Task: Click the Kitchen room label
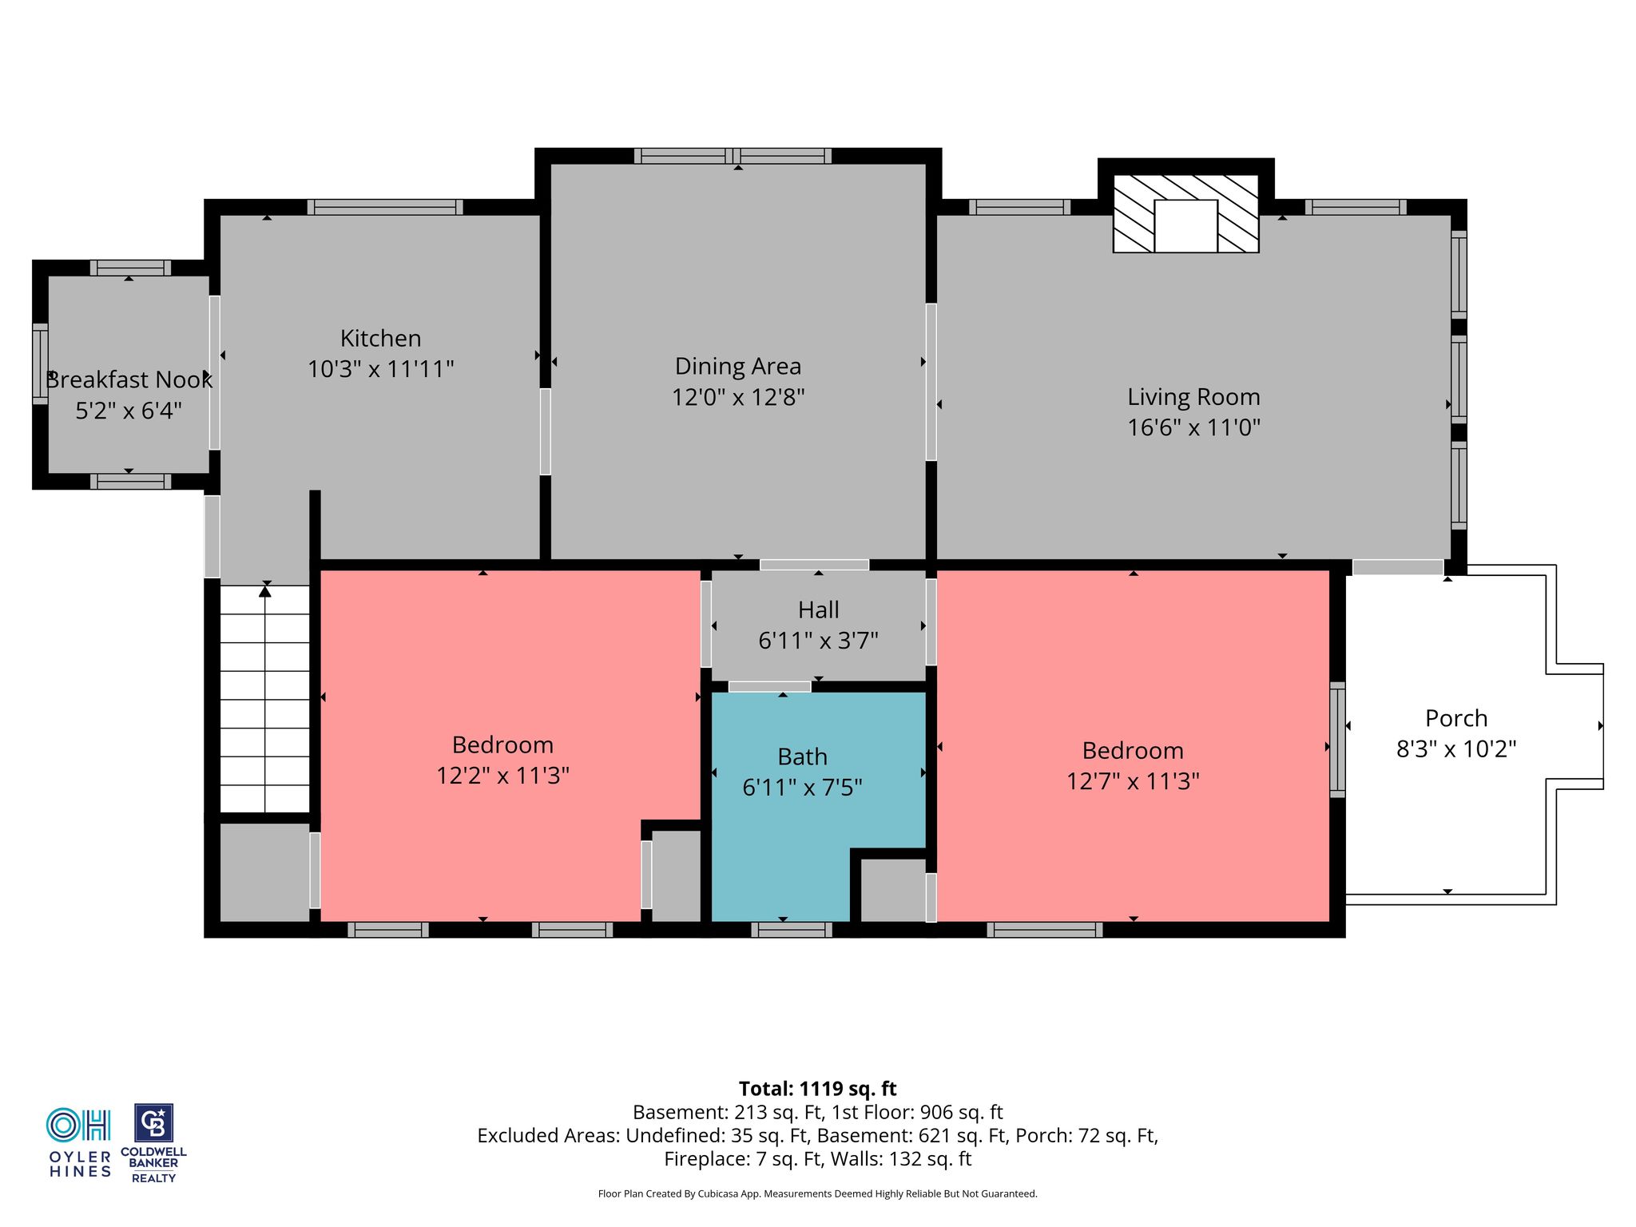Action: point(380,339)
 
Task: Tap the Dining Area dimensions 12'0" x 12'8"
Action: point(737,397)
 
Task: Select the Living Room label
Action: point(1193,397)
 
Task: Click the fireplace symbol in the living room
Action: point(1186,214)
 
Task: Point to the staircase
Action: point(264,699)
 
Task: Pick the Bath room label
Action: point(802,756)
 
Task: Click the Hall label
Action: point(818,610)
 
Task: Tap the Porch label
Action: point(1456,718)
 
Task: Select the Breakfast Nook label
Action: point(129,380)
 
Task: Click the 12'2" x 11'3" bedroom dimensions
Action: point(502,776)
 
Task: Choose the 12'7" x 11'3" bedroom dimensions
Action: point(1133,781)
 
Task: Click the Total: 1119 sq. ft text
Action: point(817,1089)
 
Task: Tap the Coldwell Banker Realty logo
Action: point(153,1143)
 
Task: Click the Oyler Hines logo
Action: point(79,1142)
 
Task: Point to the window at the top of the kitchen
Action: point(385,207)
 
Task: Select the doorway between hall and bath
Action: point(769,686)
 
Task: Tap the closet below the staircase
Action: point(264,872)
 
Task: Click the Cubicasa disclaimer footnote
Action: point(817,1193)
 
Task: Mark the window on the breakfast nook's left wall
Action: point(39,363)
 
